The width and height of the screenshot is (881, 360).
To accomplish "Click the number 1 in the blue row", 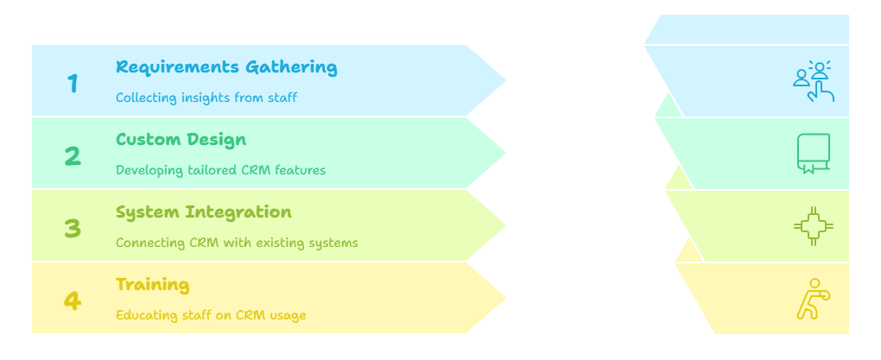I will (73, 83).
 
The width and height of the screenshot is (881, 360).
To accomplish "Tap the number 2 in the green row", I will (73, 156).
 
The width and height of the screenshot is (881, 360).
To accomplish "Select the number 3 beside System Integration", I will (73, 229).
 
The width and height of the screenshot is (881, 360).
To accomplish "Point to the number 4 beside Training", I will (73, 301).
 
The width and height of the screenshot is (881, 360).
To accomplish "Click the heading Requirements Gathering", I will (226, 67).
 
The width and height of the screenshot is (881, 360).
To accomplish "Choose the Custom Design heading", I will (181, 140).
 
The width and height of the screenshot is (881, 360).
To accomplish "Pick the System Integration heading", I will (203, 212).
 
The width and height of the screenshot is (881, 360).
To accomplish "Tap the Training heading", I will (152, 285).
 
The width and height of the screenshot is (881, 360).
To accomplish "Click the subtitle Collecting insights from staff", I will (206, 98).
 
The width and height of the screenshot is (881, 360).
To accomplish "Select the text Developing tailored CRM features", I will (220, 170).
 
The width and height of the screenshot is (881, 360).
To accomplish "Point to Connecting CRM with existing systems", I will (237, 243).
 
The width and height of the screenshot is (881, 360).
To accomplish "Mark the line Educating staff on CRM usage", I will (211, 315).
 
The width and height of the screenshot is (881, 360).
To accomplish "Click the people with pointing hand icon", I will (814, 81).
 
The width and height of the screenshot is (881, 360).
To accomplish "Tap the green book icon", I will (813, 154).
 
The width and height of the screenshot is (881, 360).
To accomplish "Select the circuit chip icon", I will (813, 226).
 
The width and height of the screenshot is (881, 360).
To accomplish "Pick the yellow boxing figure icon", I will (813, 299).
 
